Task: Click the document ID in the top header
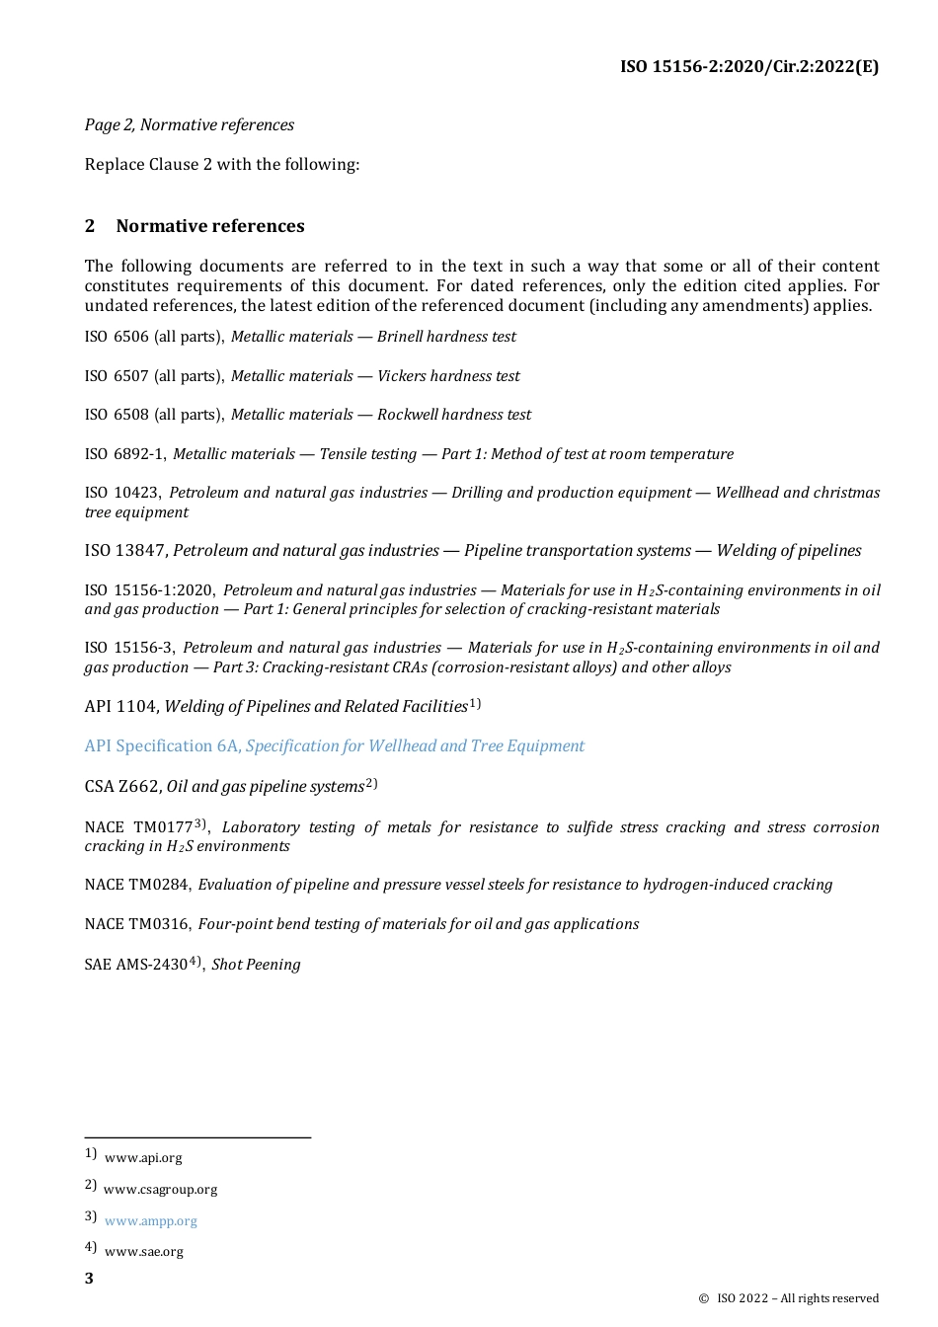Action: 748,67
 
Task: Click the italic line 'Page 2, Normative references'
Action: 189,124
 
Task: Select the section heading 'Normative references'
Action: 209,226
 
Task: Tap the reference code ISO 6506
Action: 117,337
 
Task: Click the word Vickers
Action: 406,376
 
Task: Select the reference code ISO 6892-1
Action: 124,454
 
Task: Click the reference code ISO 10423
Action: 122,493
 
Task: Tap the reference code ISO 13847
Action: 125,551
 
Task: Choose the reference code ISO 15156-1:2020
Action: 149,590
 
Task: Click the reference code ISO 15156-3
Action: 129,648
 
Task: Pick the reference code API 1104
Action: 120,707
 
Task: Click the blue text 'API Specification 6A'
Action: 162,746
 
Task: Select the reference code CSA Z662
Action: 122,787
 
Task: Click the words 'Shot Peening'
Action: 256,965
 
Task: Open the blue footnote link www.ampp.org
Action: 150,1221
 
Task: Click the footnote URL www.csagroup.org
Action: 160,1190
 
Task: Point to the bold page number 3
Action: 89,1279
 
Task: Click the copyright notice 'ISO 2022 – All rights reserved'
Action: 796,1298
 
